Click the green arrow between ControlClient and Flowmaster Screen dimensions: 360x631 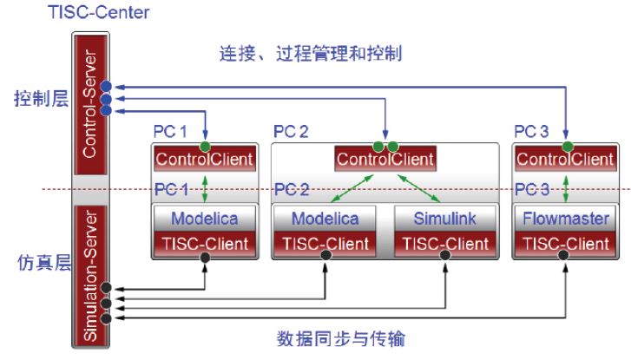click(x=566, y=188)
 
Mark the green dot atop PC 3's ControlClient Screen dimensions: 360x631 click(x=566, y=144)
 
